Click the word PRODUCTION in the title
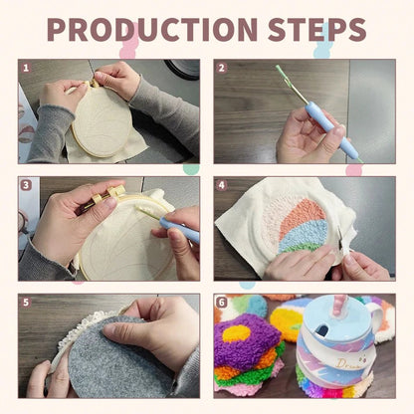pyautogui.click(x=152, y=29)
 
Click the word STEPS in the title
pyautogui.click(x=316, y=29)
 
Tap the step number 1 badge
pyautogui.click(x=26, y=68)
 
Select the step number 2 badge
pyautogui.click(x=222, y=68)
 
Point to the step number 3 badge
pyautogui.click(x=26, y=185)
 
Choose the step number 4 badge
pyautogui.click(x=222, y=185)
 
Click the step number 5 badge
pyautogui.click(x=26, y=303)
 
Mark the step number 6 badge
pyautogui.click(x=222, y=303)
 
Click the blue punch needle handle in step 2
pyautogui.click(x=331, y=129)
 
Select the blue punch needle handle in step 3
pyautogui.click(x=179, y=228)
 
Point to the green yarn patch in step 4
pyautogui.click(x=299, y=248)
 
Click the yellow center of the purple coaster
pyautogui.click(x=236, y=333)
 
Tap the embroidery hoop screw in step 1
pyautogui.click(x=92, y=83)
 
